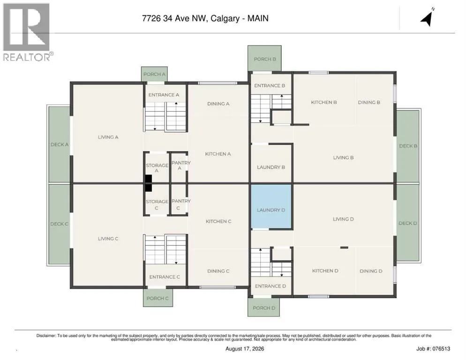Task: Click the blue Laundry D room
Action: (271, 206)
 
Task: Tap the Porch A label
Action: (154, 75)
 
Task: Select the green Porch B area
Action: (264, 58)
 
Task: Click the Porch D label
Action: (264, 308)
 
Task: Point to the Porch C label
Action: (158, 298)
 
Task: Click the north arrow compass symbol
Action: (427, 17)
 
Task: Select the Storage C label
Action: (157, 205)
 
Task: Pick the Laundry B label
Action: (271, 167)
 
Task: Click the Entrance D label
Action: (271, 286)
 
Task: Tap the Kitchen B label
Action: (324, 102)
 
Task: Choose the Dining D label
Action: (371, 271)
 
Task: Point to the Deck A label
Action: (60, 144)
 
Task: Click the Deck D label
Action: (408, 223)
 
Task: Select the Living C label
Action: (108, 239)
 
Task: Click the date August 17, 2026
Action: (245, 349)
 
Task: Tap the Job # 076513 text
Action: (433, 349)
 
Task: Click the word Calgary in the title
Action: (225, 18)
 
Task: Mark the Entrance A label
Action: (164, 95)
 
